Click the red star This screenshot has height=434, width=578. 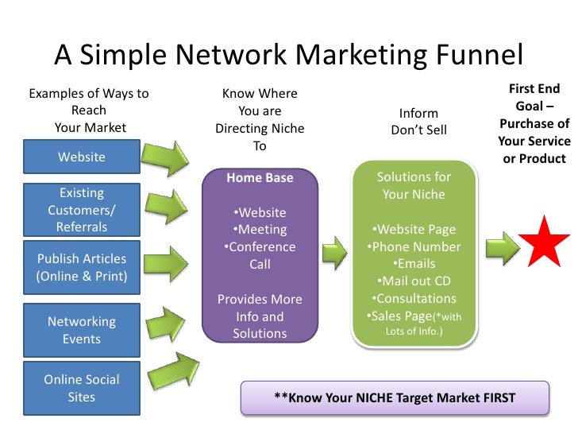[544, 241]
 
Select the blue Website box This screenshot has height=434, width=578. [82, 157]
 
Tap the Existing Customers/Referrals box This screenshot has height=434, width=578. [82, 210]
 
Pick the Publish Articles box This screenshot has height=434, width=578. [82, 268]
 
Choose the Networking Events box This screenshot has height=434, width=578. [82, 330]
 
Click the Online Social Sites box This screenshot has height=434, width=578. [82, 387]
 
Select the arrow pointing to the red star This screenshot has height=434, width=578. [500, 247]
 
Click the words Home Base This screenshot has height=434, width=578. [260, 178]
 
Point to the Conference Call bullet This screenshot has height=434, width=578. [260, 255]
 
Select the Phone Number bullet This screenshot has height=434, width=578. [414, 246]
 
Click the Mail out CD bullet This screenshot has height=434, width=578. [414, 281]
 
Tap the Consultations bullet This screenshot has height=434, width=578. [414, 299]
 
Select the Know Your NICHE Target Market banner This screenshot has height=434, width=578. [395, 397]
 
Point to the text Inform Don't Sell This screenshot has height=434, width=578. [418, 122]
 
